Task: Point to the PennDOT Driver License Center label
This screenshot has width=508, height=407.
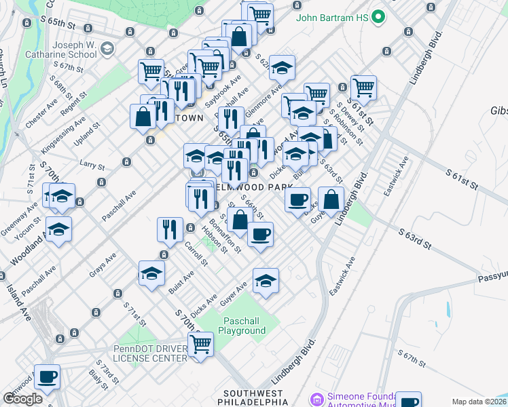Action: (150, 353)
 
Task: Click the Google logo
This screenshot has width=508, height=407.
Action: (22, 398)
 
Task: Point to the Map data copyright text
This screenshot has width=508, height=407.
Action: (479, 402)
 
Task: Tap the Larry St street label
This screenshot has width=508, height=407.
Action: (92, 165)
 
